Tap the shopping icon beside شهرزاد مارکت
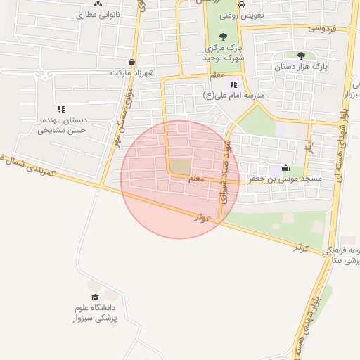(132, 62)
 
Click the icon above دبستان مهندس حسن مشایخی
(61, 109)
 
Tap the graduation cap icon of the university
(95, 297)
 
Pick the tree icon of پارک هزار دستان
(301, 56)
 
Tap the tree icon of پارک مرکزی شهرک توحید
(223, 36)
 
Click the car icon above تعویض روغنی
(242, 4)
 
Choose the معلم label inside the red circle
(198, 179)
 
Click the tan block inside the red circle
(181, 167)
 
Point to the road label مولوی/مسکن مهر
(127, 112)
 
